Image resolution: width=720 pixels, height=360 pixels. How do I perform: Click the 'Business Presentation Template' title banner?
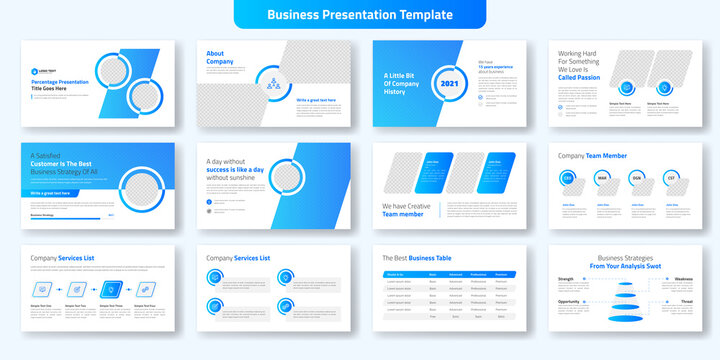(x=359, y=15)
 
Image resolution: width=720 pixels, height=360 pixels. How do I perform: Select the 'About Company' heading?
(x=221, y=57)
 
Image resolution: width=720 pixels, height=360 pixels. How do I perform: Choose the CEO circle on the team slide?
(x=568, y=178)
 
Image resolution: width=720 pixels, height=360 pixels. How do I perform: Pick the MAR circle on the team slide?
(x=602, y=178)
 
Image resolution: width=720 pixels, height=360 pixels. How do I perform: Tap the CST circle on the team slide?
(x=672, y=178)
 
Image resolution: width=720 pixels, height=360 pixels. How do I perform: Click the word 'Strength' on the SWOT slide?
(x=565, y=279)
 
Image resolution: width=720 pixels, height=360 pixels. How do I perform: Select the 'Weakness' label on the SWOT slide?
(x=683, y=279)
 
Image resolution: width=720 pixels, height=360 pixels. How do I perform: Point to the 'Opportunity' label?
(x=569, y=301)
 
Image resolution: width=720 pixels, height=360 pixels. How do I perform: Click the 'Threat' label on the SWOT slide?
(x=686, y=301)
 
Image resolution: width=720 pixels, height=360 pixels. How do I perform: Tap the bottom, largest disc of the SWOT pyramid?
(x=624, y=317)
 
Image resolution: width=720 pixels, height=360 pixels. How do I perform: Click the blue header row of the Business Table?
(x=449, y=273)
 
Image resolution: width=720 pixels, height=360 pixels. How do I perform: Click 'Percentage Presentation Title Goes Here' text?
(x=64, y=84)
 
